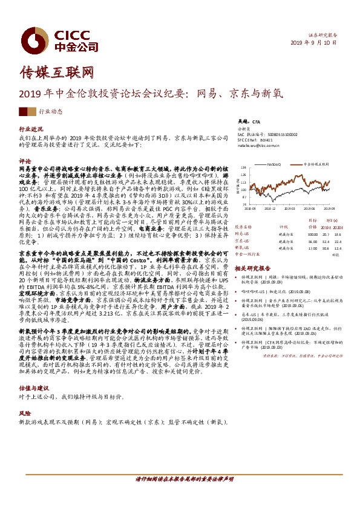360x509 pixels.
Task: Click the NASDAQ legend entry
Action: point(270,163)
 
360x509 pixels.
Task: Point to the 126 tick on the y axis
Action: point(244,167)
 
